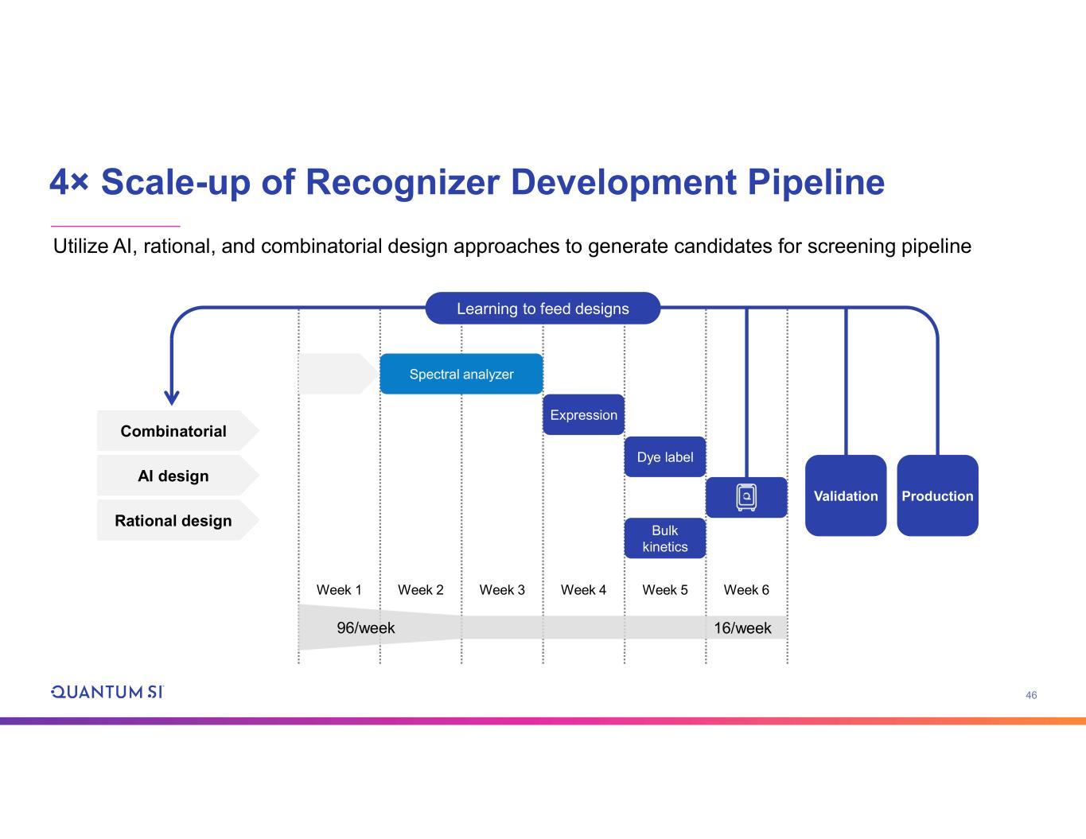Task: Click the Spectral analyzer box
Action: pos(461,374)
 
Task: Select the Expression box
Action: pos(583,414)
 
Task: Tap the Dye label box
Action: pos(664,456)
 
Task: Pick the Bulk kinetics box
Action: pos(664,538)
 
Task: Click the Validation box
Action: pos(845,495)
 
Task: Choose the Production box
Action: pos(937,495)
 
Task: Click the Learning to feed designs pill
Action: pos(543,309)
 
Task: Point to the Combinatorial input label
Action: pos(173,431)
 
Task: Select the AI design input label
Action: pos(173,476)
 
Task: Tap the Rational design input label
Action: pos(173,521)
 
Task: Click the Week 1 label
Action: pos(339,589)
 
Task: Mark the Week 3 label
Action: pos(502,589)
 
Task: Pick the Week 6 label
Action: pos(746,589)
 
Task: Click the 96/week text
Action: pos(366,627)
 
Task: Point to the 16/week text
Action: pos(742,627)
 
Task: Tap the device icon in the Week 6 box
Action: pos(746,497)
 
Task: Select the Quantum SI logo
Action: pos(107,692)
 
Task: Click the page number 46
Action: pos(1031,695)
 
